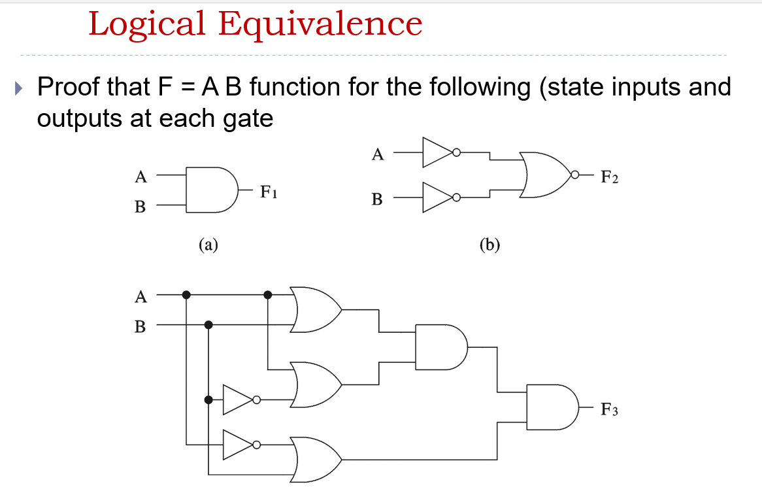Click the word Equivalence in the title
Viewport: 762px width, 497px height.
[x=320, y=24]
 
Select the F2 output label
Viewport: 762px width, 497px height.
[x=609, y=176]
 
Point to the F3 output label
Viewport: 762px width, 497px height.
[x=609, y=410]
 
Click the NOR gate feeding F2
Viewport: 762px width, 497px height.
[x=546, y=175]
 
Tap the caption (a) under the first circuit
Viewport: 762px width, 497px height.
[x=208, y=245]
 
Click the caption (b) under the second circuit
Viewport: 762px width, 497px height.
[x=489, y=245]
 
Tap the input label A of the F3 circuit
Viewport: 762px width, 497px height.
[x=140, y=297]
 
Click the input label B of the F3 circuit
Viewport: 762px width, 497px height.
[x=140, y=326]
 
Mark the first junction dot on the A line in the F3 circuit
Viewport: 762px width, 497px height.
[x=186, y=295]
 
